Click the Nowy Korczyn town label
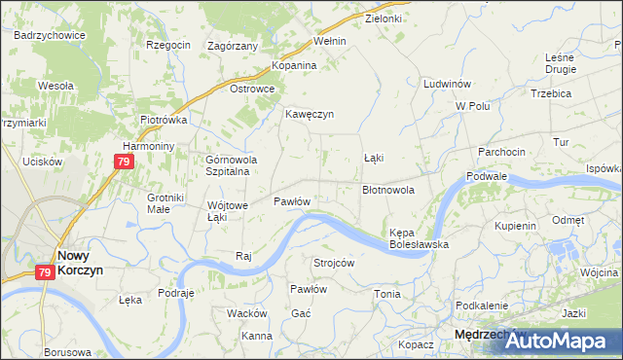[x=80, y=262]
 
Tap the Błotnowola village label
[x=388, y=191]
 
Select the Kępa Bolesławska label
[x=419, y=239]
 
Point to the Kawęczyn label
[x=310, y=114]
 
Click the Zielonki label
[x=383, y=18]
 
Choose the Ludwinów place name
[x=447, y=85]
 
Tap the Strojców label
[x=333, y=263]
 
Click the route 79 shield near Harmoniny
[x=123, y=162]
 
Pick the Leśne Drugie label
[x=561, y=63]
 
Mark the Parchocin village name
[x=501, y=152]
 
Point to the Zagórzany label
[x=233, y=46]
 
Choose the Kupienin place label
[x=516, y=226]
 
